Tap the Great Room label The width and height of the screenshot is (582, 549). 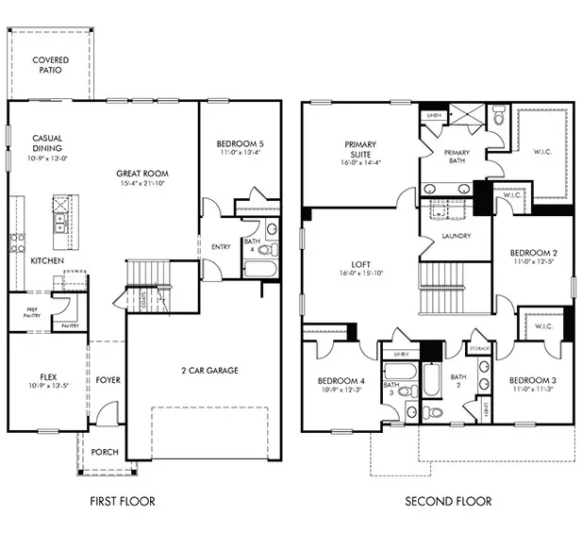[142, 174]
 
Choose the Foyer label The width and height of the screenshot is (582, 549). [108, 381]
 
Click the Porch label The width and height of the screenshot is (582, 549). [105, 452]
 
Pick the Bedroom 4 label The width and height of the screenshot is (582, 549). [340, 382]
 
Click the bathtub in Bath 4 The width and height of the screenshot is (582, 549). [258, 268]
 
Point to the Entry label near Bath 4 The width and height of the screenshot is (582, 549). [221, 247]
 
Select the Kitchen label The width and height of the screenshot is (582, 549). [47, 259]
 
